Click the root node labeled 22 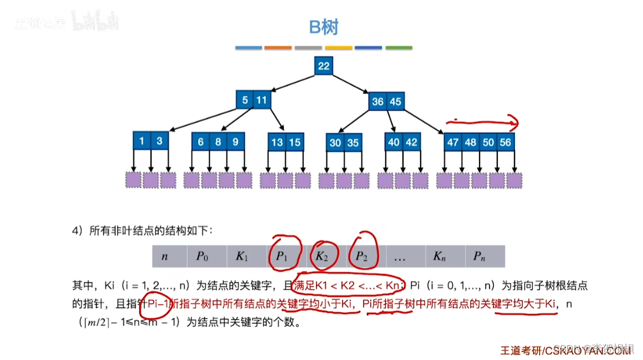click(x=323, y=66)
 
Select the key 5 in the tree click(x=244, y=100)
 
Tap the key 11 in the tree click(x=261, y=100)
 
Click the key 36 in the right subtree click(x=378, y=102)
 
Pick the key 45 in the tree click(x=395, y=102)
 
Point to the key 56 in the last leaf click(x=505, y=142)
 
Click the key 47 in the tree click(x=453, y=142)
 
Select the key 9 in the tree click(x=235, y=142)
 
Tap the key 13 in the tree click(x=277, y=142)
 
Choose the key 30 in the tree click(x=335, y=143)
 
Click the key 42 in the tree click(x=411, y=142)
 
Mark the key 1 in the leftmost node click(x=142, y=141)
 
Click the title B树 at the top click(x=323, y=27)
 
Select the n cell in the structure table click(x=165, y=256)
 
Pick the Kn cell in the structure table click(x=439, y=256)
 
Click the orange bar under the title click(x=278, y=47)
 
